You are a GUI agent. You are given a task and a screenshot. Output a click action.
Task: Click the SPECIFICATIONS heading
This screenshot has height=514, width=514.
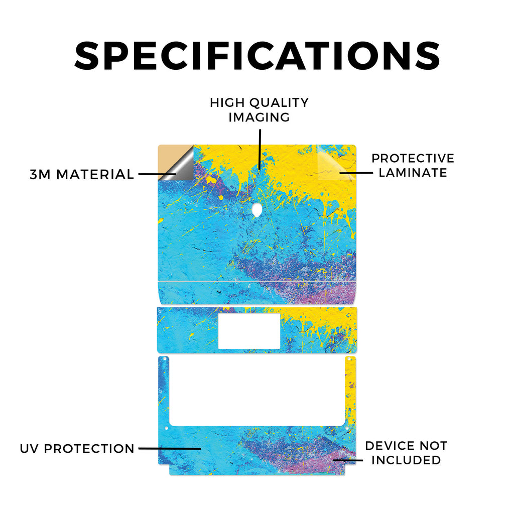click(257, 56)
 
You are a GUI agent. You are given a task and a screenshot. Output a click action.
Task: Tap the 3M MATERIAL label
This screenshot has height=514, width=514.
click(82, 174)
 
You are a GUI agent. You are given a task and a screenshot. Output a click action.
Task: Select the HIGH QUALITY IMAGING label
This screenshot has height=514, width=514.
click(260, 110)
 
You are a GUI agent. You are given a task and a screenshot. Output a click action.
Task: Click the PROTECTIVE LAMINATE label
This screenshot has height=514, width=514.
click(413, 165)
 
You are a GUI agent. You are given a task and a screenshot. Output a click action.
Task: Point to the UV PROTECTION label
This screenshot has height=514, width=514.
click(77, 448)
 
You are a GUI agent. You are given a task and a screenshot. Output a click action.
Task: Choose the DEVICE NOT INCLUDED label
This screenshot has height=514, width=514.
click(406, 453)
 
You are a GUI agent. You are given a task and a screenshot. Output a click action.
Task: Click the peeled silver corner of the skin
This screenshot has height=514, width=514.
click(180, 166)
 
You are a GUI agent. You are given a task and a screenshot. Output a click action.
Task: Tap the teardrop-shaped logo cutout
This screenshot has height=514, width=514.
click(257, 210)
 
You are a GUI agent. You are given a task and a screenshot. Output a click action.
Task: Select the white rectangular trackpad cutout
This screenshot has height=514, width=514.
click(249, 331)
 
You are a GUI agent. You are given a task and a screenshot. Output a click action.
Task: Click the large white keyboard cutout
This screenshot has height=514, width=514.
click(257, 392)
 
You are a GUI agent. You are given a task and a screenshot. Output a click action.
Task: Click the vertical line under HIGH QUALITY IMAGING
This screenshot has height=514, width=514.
click(260, 150)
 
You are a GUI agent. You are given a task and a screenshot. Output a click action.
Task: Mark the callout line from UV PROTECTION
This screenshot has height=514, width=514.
click(170, 448)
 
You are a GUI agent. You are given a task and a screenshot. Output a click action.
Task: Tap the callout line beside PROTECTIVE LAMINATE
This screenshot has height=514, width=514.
click(356, 173)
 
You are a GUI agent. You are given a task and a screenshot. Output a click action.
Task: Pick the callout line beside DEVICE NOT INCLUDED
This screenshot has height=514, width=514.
click(348, 460)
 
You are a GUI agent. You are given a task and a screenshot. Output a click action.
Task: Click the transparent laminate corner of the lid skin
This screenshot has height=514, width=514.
click(336, 162)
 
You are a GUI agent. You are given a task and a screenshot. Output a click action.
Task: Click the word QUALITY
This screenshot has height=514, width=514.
click(279, 102)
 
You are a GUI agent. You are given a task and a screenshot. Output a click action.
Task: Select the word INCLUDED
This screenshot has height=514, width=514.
click(406, 460)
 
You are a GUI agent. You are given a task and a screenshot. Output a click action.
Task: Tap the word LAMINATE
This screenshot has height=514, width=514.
click(413, 173)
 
